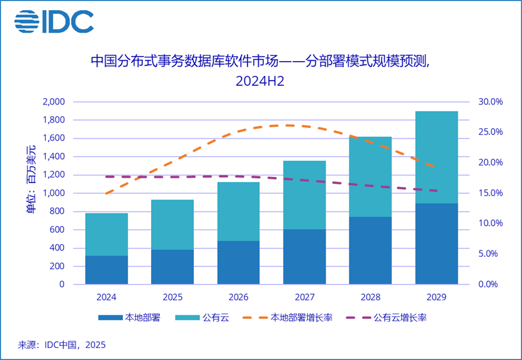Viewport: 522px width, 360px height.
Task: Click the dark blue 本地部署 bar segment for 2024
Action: click(x=106, y=270)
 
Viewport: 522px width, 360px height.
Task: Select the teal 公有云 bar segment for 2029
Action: click(x=436, y=157)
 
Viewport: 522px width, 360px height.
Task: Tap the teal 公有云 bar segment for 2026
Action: click(x=239, y=211)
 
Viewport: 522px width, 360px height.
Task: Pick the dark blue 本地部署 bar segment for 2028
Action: click(x=370, y=250)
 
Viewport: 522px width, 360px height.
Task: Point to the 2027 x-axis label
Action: click(x=305, y=296)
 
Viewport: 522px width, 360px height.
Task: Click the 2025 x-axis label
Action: click(x=173, y=296)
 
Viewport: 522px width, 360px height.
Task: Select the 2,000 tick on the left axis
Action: click(x=54, y=102)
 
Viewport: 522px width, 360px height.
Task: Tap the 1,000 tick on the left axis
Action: click(x=54, y=193)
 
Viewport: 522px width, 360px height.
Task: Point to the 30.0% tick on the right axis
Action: click(x=489, y=102)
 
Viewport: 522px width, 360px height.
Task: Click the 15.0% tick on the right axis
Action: click(x=489, y=193)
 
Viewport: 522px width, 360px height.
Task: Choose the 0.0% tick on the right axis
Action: click(x=489, y=284)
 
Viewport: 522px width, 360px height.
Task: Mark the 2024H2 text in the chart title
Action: click(x=261, y=81)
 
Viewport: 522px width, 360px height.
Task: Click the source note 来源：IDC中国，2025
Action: click(x=62, y=345)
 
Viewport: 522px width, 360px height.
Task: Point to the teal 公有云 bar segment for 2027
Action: click(x=305, y=195)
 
